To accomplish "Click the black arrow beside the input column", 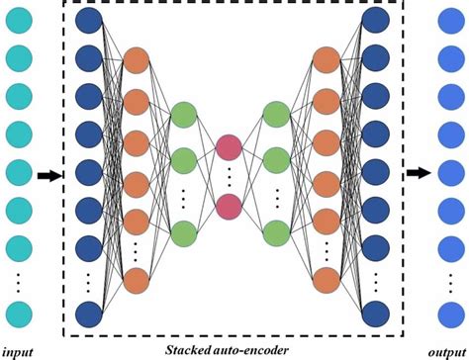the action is [47, 176].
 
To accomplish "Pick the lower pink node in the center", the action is [229, 207].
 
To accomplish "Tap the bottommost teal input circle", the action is [21, 315].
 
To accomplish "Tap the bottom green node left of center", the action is [183, 232].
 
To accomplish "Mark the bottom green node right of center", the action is [276, 232].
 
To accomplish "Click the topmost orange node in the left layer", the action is [137, 60].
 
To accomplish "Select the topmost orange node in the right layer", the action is [325, 60].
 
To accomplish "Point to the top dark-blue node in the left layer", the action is [90, 21].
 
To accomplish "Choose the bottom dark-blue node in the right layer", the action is [375, 314].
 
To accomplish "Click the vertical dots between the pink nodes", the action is [229, 179].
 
